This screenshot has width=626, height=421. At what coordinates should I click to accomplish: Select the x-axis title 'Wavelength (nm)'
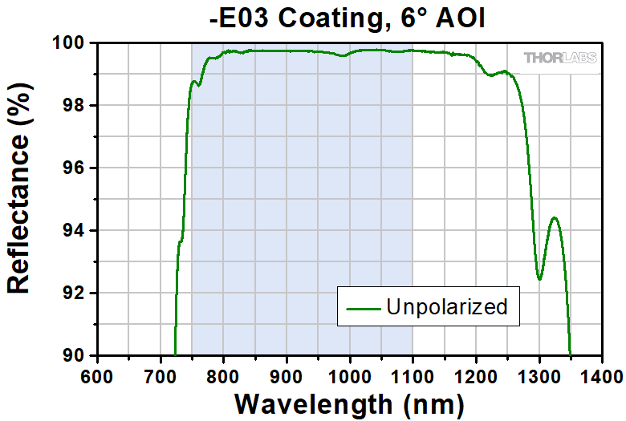[x=349, y=403]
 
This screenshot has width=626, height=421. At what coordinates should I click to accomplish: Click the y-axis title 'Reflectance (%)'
[x=19, y=200]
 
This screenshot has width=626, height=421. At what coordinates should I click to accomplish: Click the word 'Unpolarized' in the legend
[x=446, y=306]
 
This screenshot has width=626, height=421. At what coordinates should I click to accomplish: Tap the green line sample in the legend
[x=362, y=307]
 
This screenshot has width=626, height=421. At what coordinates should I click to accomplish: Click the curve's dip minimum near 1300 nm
[x=539, y=279]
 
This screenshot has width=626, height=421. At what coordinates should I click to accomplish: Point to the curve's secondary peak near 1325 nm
[x=554, y=217]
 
